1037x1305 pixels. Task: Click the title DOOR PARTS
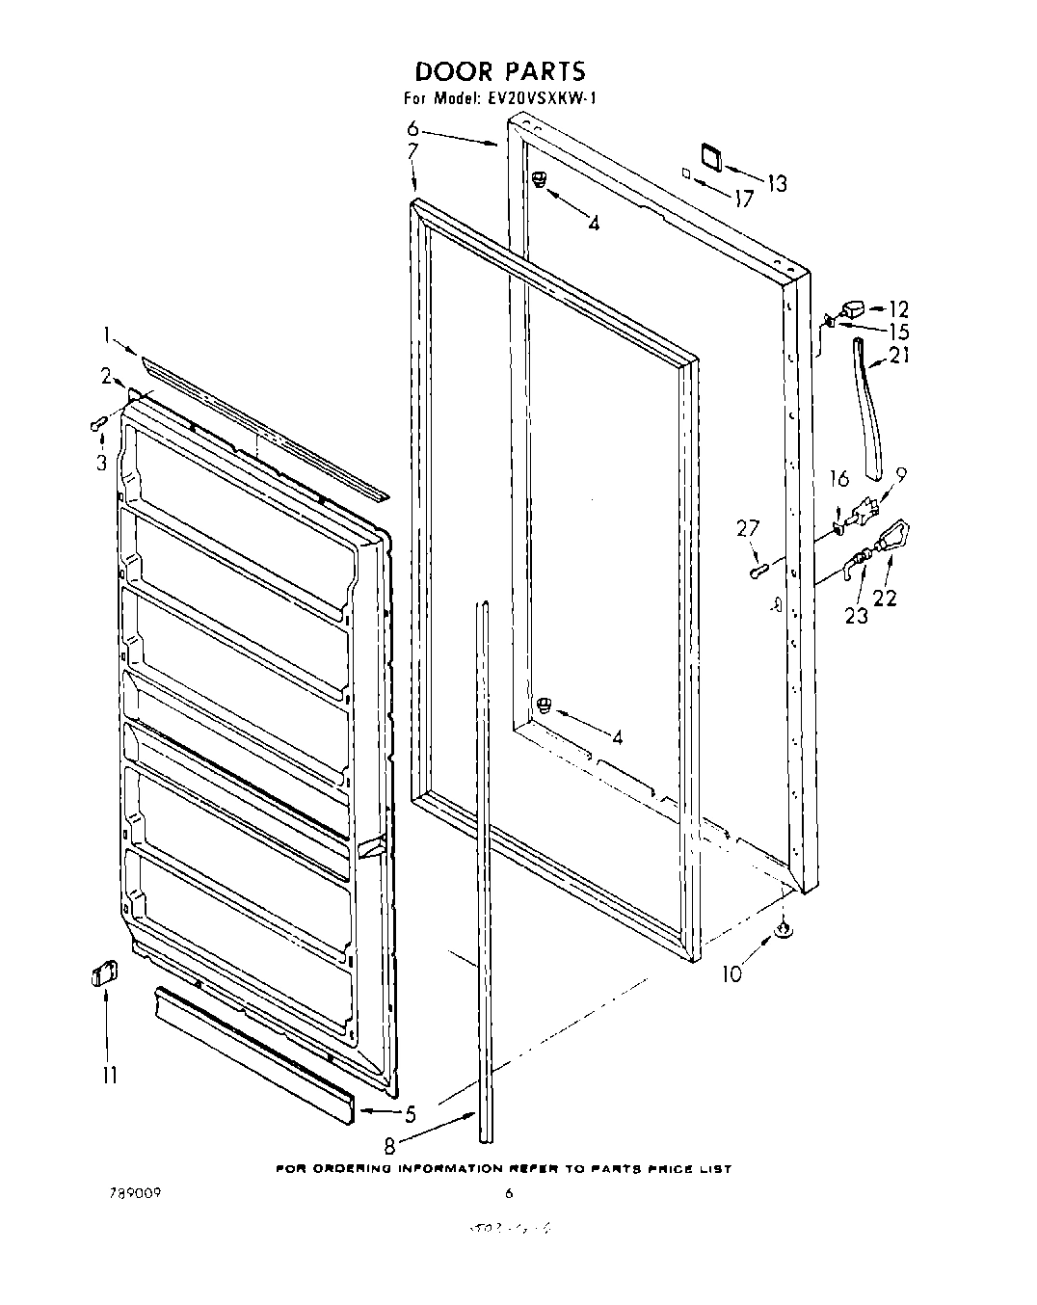pos(499,71)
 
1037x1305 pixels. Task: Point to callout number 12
pos(897,309)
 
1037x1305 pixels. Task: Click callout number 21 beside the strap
pos(898,356)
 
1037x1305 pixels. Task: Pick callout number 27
pos(747,528)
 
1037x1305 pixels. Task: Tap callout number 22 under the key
pos(884,598)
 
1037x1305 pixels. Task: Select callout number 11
pos(110,1074)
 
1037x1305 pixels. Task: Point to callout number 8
pos(388,1147)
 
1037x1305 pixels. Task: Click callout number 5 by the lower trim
pos(410,1115)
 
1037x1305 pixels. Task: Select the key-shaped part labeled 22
pos(892,536)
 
